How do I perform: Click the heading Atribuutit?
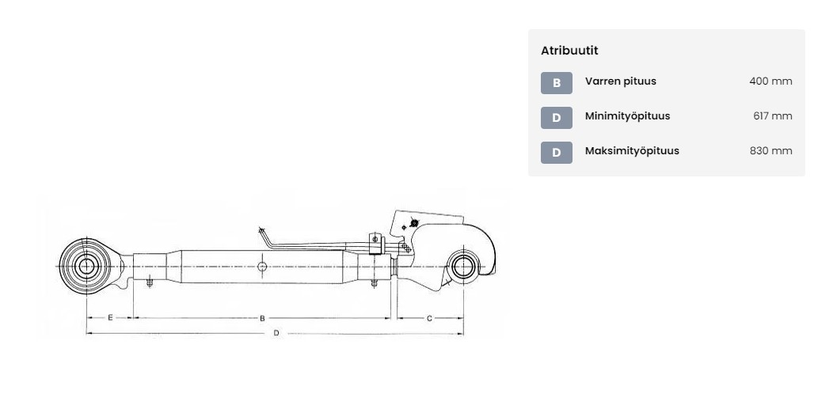[x=569, y=51]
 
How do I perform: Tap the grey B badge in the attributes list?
[x=556, y=83]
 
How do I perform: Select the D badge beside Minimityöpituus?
[x=556, y=118]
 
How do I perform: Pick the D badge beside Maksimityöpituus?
[x=556, y=153]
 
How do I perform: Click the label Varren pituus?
[x=620, y=81]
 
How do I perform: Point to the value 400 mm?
[x=770, y=81]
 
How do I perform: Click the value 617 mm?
[x=773, y=116]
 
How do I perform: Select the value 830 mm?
[x=771, y=151]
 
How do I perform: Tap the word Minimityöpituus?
[x=628, y=116]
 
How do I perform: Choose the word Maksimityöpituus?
[x=632, y=151]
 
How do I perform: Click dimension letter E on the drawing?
[x=110, y=317]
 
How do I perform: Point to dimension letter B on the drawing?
[x=262, y=318]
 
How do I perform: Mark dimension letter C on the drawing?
[x=429, y=318]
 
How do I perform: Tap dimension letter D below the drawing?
[x=276, y=333]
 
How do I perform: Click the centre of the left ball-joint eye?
[x=86, y=267]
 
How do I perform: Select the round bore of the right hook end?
[x=463, y=267]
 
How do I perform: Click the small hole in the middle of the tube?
[x=262, y=267]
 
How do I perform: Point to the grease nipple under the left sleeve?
[x=150, y=283]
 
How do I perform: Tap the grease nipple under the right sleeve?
[x=374, y=283]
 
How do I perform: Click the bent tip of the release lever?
[x=261, y=229]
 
